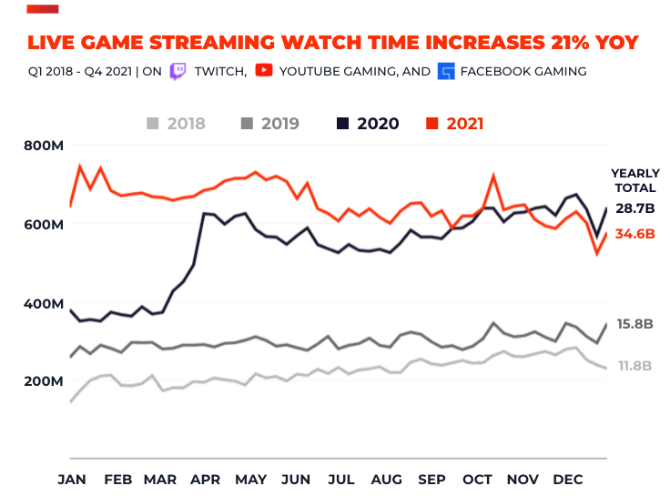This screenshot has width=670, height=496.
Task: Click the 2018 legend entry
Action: (x=177, y=124)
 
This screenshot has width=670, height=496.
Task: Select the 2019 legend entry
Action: (x=269, y=124)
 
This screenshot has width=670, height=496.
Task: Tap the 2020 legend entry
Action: (x=366, y=124)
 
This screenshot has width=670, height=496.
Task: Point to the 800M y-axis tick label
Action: (x=43, y=146)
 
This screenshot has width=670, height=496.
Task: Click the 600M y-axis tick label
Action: (x=43, y=224)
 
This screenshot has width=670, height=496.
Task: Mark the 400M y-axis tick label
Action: (x=43, y=303)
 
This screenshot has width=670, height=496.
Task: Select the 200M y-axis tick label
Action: (x=43, y=381)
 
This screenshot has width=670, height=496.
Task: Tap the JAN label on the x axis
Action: (x=72, y=479)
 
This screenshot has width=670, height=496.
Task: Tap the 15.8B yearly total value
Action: (x=635, y=324)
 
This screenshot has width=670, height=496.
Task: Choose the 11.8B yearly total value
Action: (x=635, y=366)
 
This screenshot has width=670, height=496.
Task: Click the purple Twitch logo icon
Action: (x=178, y=71)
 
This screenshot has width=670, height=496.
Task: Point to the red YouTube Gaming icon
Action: (x=263, y=70)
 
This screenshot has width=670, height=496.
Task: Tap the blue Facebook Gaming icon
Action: (x=446, y=71)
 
